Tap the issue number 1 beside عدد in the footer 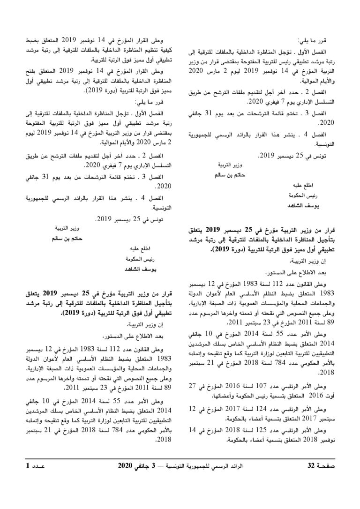[x=28, y=479]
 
